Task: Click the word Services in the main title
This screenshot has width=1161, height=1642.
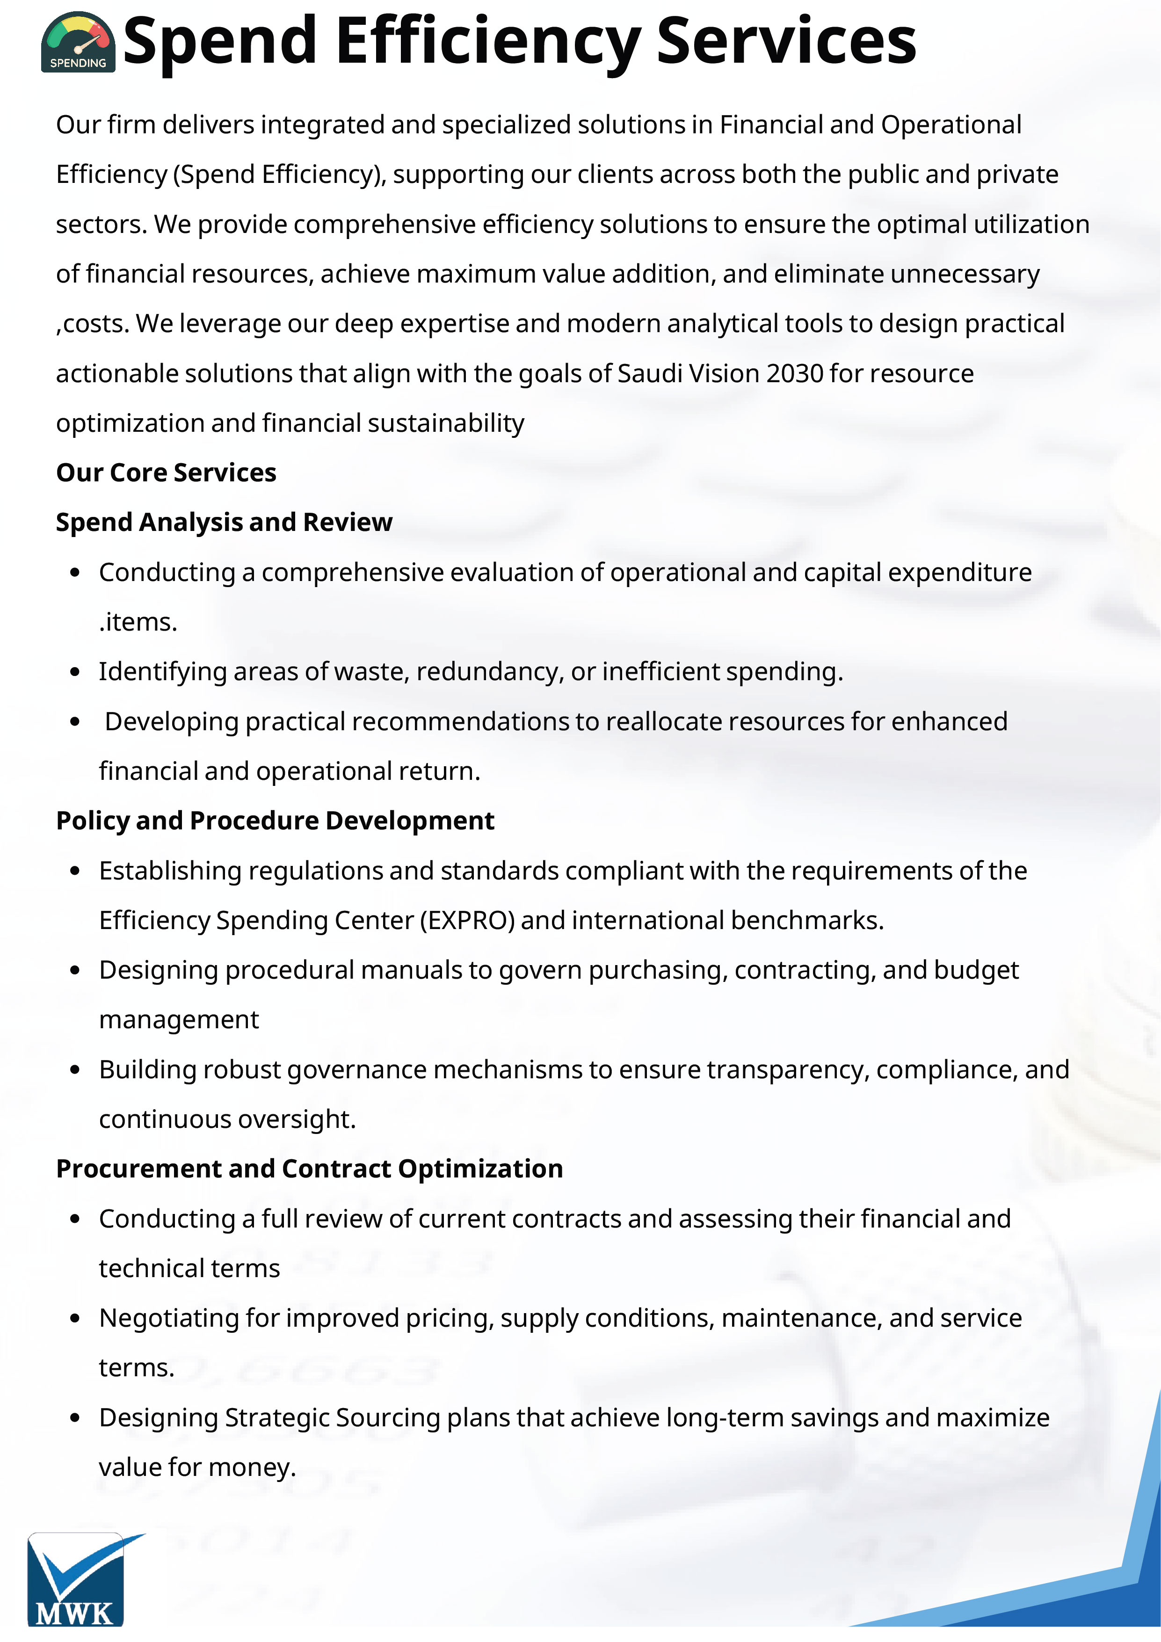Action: (786, 42)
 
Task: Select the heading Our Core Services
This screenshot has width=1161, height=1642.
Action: (166, 473)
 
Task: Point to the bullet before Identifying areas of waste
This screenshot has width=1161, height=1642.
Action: (75, 672)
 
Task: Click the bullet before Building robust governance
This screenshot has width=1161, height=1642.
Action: (75, 1070)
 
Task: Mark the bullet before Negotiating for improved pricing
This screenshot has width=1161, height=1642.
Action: (75, 1318)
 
